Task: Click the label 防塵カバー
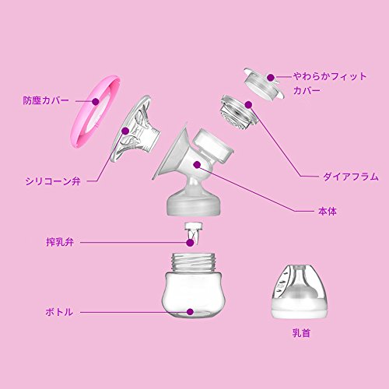click(46, 100)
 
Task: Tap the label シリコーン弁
click(53, 181)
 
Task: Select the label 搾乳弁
click(60, 242)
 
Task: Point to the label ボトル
click(59, 312)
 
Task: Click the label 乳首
click(301, 333)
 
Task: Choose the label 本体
click(328, 212)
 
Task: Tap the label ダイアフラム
click(351, 177)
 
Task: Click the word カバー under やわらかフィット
click(307, 90)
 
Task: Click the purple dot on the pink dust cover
click(96, 101)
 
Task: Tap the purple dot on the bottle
click(191, 312)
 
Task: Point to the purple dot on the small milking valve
click(190, 243)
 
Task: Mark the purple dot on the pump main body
click(197, 164)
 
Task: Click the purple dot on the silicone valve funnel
click(125, 131)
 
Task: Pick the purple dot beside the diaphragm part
click(248, 105)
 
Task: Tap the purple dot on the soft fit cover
click(271, 78)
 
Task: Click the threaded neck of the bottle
click(194, 262)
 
